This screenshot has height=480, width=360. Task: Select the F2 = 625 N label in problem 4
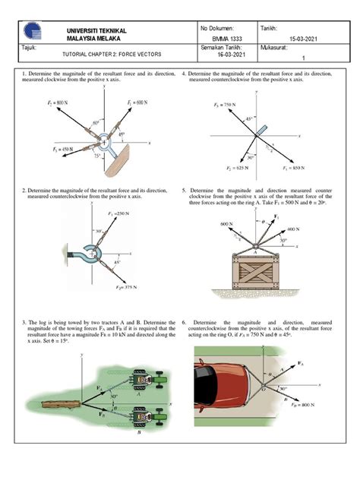[x=218, y=165]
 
